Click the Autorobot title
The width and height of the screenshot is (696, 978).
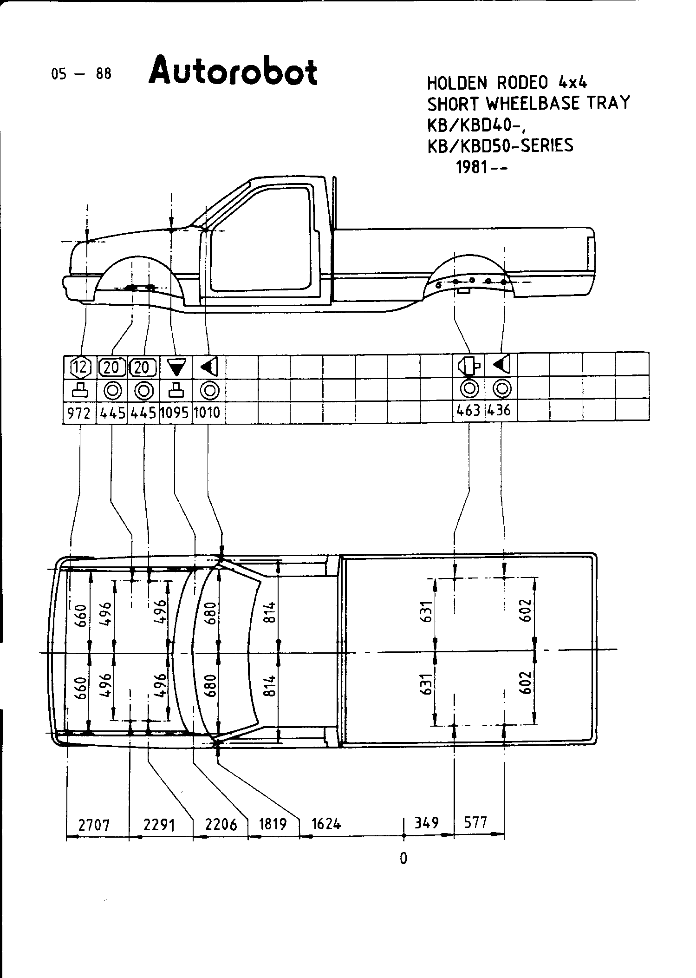(233, 71)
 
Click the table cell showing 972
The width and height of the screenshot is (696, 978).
(79, 413)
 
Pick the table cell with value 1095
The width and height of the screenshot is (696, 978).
(175, 413)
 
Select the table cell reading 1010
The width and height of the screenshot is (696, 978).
(207, 413)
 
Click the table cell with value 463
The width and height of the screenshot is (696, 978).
(468, 411)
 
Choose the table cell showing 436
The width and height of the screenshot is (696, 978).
(501, 411)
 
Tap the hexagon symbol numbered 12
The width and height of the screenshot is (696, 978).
(80, 368)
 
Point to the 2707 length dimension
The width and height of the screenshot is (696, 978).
(94, 826)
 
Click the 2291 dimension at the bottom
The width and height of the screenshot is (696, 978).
(159, 826)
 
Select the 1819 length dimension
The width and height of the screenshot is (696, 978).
(273, 824)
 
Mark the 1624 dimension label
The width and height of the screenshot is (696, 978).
(326, 824)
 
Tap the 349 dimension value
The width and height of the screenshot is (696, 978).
(427, 823)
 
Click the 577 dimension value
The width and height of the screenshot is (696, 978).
(476, 823)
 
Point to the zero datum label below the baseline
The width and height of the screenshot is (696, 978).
(403, 858)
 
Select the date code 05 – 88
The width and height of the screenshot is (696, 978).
(82, 74)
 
